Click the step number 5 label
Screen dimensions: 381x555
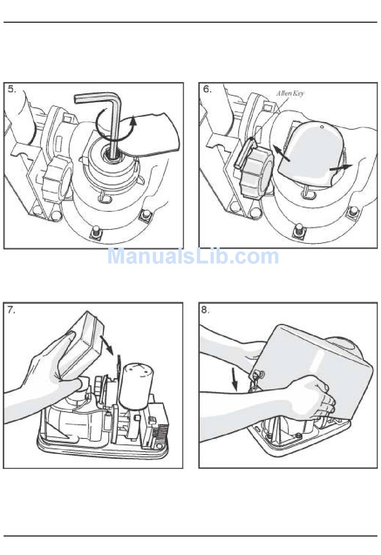click(12, 89)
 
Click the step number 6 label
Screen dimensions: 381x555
click(207, 89)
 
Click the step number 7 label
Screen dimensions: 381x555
click(11, 310)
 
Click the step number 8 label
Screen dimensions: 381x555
click(205, 310)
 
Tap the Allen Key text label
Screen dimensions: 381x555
click(290, 94)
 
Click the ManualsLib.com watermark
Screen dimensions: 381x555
click(193, 257)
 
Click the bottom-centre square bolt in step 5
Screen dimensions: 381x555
click(96, 233)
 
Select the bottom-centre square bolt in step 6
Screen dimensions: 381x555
click(299, 230)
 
